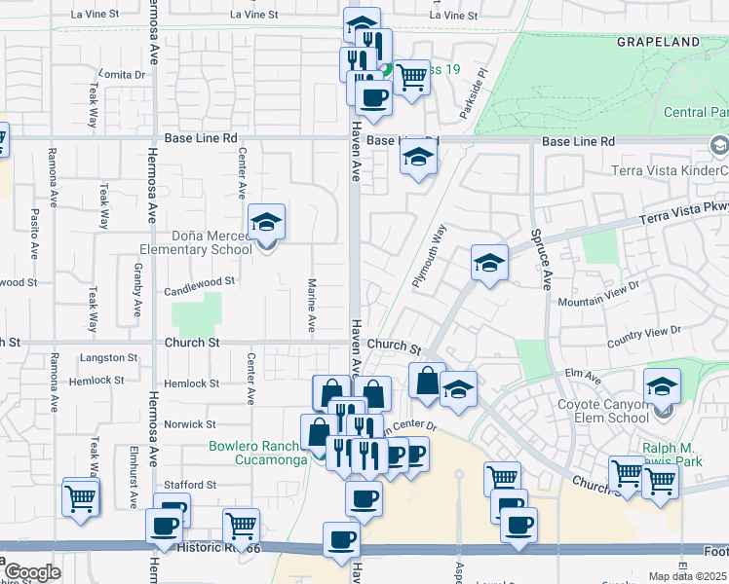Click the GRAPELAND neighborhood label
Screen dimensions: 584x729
(658, 42)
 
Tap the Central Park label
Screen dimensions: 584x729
(696, 113)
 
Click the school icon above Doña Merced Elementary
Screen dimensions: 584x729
(266, 223)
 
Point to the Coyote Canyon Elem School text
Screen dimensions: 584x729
(602, 411)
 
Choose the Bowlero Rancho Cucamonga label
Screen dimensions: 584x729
(257, 454)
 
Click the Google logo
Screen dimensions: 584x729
(32, 572)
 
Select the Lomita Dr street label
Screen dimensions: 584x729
(122, 75)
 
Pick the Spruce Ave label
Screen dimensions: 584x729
(547, 259)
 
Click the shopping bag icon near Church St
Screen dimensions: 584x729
(426, 382)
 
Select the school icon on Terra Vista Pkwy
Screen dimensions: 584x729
(489, 263)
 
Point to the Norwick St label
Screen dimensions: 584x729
(190, 424)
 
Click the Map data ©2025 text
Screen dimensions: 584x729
(688, 576)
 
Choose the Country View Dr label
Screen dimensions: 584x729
(644, 336)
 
